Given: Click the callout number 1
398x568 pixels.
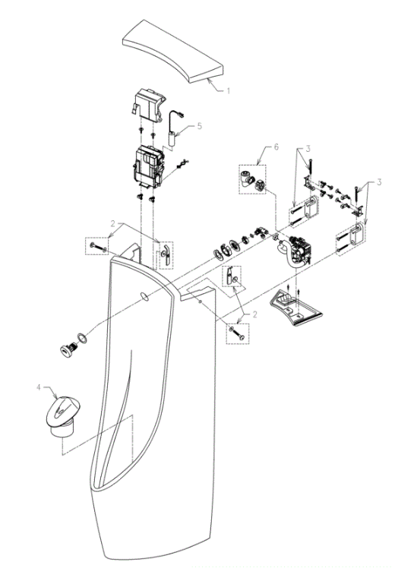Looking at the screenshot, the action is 229,91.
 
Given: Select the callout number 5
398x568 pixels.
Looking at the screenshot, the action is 199,126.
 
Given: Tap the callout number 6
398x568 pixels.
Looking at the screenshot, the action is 276,147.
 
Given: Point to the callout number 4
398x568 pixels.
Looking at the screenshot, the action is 39,387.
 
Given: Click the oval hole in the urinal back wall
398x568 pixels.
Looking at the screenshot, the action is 144,296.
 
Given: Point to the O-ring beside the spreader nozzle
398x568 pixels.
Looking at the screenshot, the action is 83,339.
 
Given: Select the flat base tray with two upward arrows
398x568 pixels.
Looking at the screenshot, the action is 295,308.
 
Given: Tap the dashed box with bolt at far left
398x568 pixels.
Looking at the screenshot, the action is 96,245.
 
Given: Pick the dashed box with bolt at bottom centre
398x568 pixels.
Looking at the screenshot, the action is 238,333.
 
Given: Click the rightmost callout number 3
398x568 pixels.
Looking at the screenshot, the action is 379,182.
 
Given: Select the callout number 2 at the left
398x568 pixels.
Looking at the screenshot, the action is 112,223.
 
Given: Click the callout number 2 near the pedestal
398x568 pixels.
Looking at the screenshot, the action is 254,314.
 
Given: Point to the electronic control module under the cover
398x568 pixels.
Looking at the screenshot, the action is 150,167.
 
